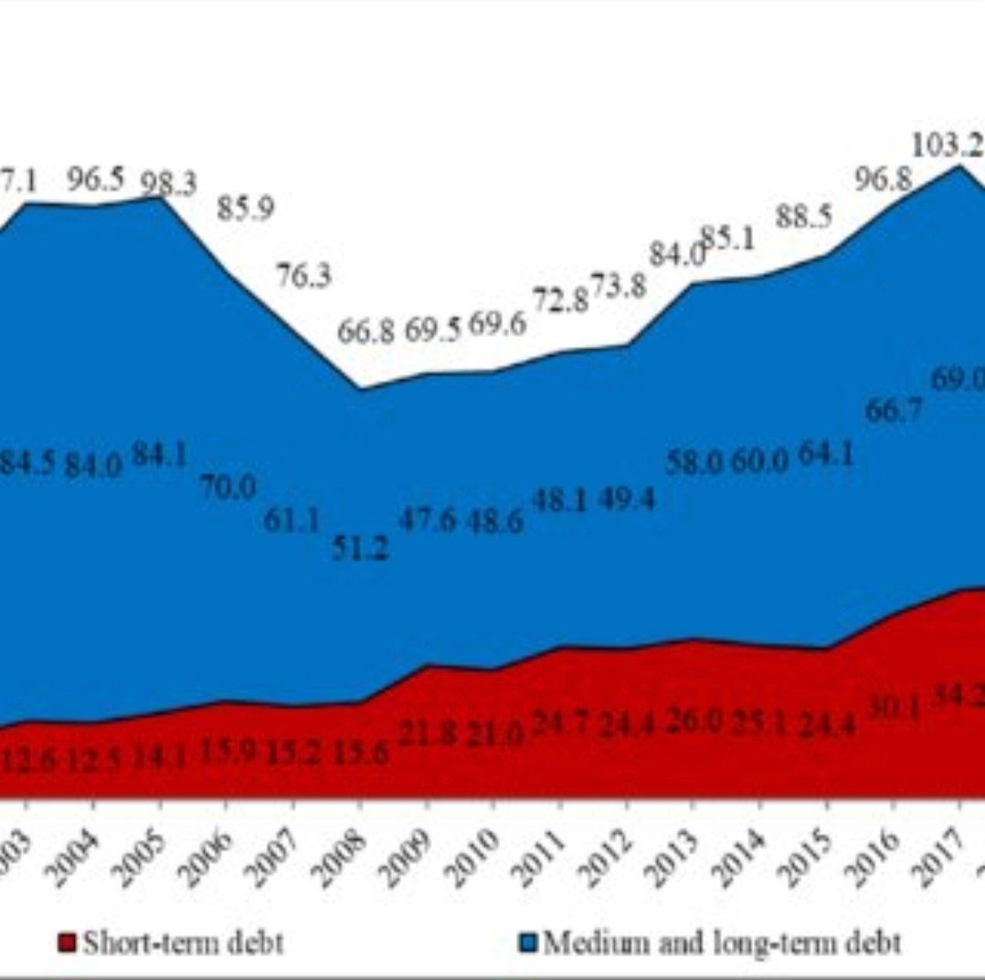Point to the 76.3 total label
point(303,276)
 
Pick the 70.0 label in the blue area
point(228,488)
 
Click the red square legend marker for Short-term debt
point(67,943)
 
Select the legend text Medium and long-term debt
point(723,942)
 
